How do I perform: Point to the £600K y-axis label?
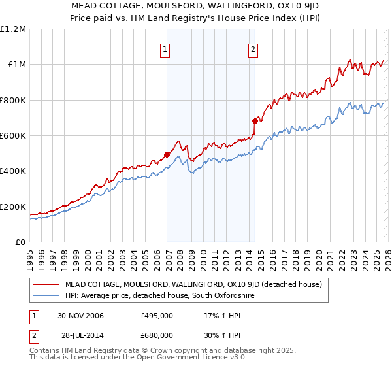click(13, 136)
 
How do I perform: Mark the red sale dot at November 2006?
click(167, 155)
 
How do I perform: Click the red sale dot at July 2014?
click(255, 122)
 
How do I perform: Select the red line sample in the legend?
click(46, 284)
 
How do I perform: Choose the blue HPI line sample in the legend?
click(46, 296)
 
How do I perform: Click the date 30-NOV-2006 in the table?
click(80, 316)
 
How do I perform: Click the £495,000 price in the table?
click(157, 316)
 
